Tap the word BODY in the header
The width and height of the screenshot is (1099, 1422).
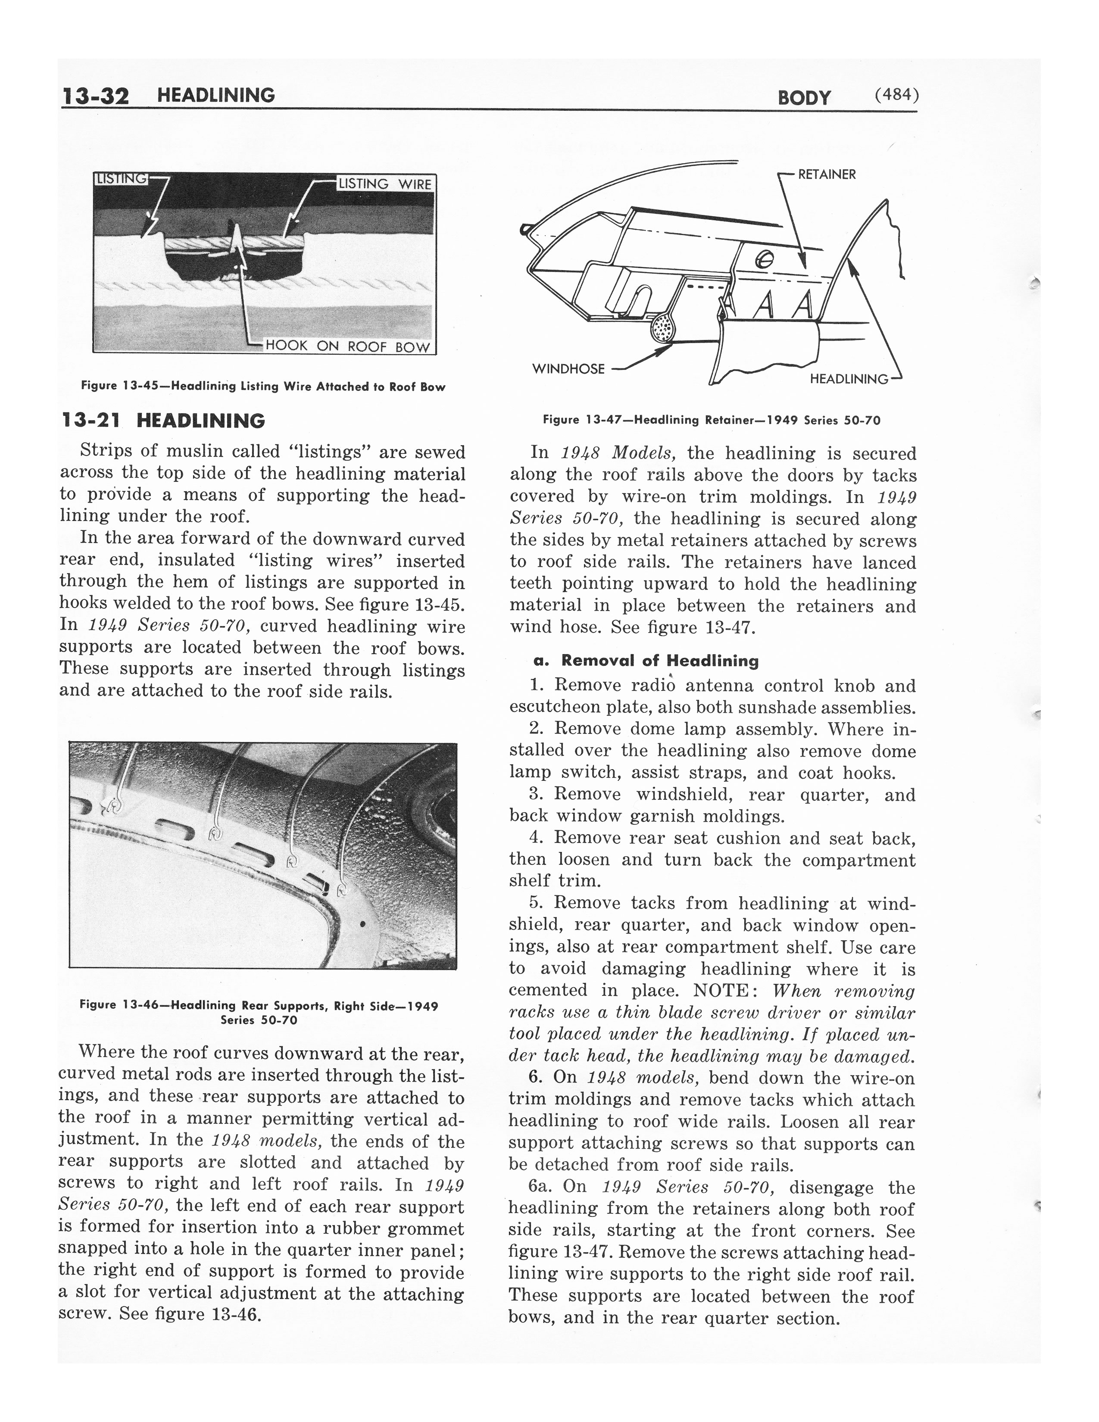(x=804, y=98)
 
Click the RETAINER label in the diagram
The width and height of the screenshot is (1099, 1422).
(x=827, y=175)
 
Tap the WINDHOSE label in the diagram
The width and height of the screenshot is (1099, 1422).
(x=568, y=369)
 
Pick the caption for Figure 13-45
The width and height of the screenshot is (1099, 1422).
(x=263, y=387)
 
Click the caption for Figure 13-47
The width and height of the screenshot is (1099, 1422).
(x=712, y=421)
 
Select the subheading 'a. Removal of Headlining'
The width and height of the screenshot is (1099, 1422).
(x=646, y=661)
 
